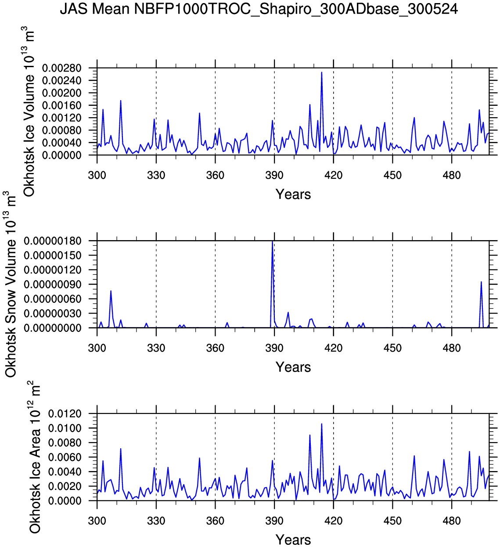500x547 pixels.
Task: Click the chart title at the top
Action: [x=259, y=9]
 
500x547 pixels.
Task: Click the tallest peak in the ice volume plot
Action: [x=321, y=72]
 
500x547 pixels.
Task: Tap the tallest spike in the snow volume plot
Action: [x=273, y=241]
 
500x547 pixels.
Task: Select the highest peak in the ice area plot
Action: [x=321, y=424]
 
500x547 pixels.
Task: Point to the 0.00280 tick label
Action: [x=62, y=68]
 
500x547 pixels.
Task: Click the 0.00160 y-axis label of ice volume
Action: [x=62, y=105]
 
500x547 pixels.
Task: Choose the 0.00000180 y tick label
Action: [x=53, y=241]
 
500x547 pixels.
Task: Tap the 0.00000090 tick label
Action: [x=53, y=284]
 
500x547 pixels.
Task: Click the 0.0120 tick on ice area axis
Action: [x=65, y=414]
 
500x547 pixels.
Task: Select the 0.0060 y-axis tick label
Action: [x=65, y=457]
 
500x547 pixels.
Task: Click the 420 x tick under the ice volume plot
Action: [x=333, y=175]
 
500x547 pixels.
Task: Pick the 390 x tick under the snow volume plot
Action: [x=274, y=348]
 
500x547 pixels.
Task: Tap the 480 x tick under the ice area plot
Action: [x=452, y=521]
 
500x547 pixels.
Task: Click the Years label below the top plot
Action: [x=293, y=194]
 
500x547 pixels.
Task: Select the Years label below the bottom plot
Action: [x=293, y=540]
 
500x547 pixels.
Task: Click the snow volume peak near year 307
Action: [x=111, y=291]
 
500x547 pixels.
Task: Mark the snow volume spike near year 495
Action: [x=481, y=282]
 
